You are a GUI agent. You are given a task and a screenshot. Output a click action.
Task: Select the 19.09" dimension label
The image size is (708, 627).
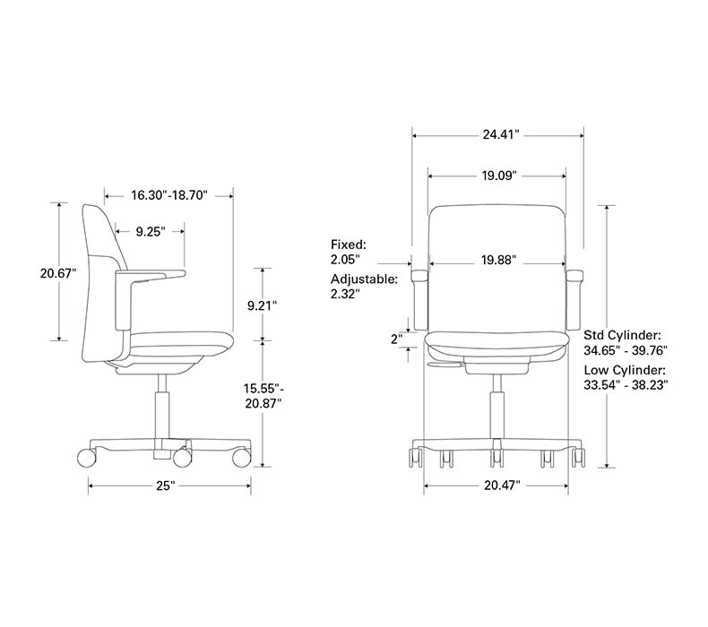tap(499, 176)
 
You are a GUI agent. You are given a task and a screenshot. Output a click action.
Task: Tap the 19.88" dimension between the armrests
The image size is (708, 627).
tap(498, 261)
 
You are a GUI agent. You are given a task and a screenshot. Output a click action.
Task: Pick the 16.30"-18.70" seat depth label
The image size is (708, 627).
tap(168, 194)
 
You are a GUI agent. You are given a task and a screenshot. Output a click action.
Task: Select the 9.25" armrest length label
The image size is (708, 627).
tap(151, 231)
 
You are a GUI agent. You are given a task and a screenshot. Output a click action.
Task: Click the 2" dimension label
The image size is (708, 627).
tap(395, 339)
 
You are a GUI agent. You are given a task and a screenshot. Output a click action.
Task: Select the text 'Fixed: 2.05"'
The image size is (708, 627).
tap(348, 251)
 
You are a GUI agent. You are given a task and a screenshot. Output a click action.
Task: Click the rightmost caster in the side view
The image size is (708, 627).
tap(241, 458)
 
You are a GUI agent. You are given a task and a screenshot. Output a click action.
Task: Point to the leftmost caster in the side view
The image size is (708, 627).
tap(87, 458)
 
